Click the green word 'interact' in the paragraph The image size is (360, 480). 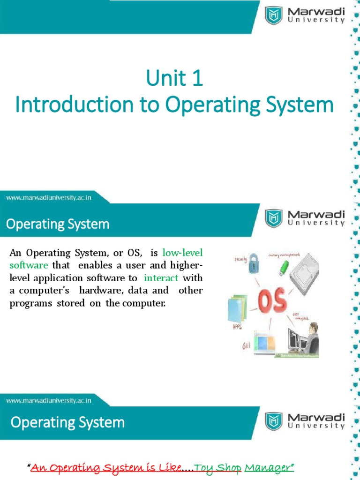click(x=161, y=277)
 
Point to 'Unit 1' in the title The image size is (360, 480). click(x=174, y=78)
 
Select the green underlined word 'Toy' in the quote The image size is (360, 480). click(x=201, y=454)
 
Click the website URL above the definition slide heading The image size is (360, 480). click(x=48, y=198)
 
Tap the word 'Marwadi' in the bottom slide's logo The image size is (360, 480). click(x=316, y=417)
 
